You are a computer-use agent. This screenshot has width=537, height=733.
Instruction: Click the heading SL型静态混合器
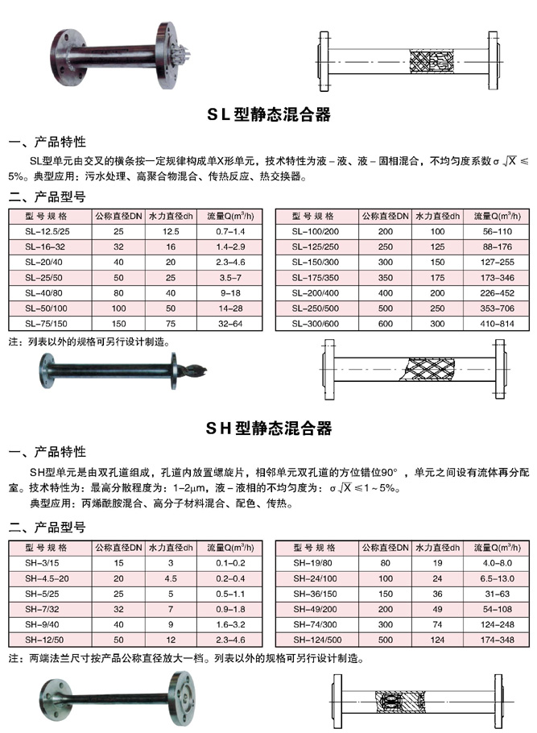pyautogui.click(x=269, y=115)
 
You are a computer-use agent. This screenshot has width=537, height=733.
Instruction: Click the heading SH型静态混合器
pyautogui.click(x=269, y=427)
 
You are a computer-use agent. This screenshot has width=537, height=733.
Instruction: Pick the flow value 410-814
pyautogui.click(x=491, y=323)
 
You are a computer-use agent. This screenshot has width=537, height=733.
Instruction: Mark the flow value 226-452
pyautogui.click(x=491, y=292)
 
